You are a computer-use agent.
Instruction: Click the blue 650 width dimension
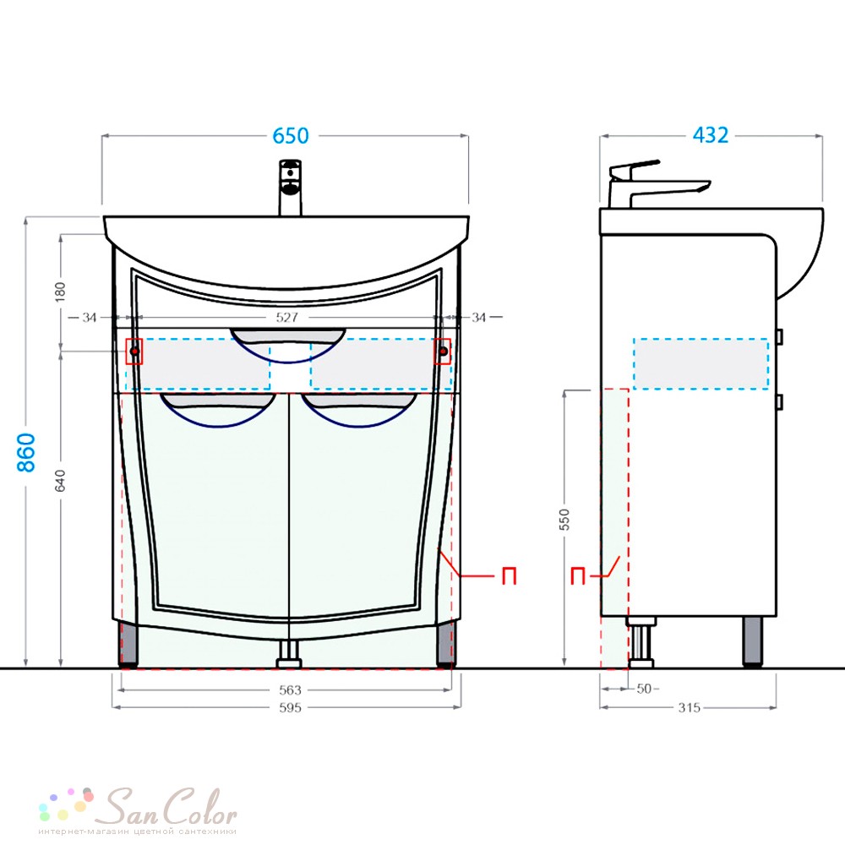coord(291,136)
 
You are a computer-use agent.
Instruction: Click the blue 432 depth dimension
coord(711,134)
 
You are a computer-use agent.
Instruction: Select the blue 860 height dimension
coord(26,452)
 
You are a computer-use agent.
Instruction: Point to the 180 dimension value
coord(60,292)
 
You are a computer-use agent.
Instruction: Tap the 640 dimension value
coord(60,480)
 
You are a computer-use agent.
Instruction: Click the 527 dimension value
coord(286,318)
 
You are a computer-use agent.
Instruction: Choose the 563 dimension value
coord(290,690)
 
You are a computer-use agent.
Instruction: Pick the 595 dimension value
coord(290,707)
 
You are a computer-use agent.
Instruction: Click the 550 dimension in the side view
coord(564,520)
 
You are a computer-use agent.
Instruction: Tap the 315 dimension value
coord(690,707)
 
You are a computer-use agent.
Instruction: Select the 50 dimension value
coord(644,689)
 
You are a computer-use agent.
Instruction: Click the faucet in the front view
coord(291,188)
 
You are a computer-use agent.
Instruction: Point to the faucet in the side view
coord(658,183)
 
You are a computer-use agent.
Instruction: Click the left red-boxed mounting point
coord(134,352)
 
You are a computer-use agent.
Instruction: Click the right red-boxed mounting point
coord(443,352)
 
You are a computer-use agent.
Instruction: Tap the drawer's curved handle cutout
coord(288,345)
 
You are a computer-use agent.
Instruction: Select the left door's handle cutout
coord(218,410)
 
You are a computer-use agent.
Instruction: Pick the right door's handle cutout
coord(359,410)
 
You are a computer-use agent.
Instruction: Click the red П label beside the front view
coord(510,576)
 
